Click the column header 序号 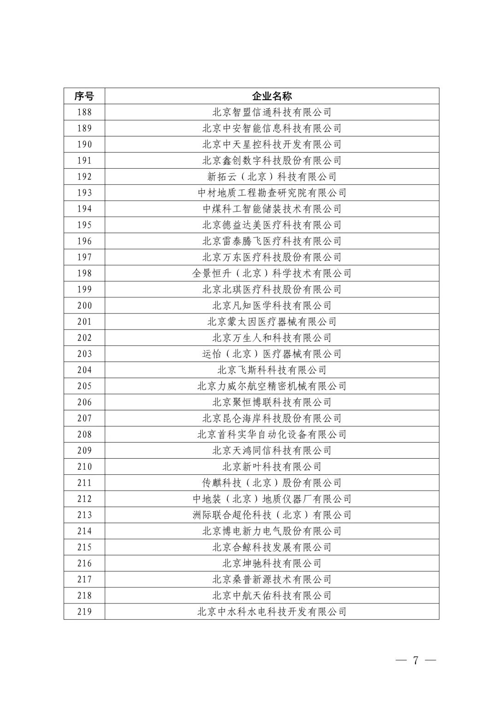[x=84, y=96]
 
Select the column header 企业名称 [x=272, y=96]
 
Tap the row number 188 [x=84, y=112]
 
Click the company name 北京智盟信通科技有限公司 [x=272, y=112]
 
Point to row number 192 [x=84, y=177]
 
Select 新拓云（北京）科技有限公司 [x=272, y=177]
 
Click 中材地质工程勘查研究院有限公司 [x=272, y=193]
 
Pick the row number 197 [x=84, y=257]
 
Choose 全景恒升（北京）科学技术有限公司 [x=272, y=273]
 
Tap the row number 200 [x=84, y=306]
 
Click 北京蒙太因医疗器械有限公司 [x=272, y=322]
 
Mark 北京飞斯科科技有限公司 [x=272, y=370]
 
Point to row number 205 [x=84, y=386]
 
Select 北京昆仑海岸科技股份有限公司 [x=272, y=418]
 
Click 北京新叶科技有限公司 [x=272, y=467]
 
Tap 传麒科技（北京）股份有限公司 [x=272, y=483]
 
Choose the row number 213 [x=84, y=515]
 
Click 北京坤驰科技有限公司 [x=272, y=563]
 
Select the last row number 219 [x=84, y=612]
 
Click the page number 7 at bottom [x=415, y=660]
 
